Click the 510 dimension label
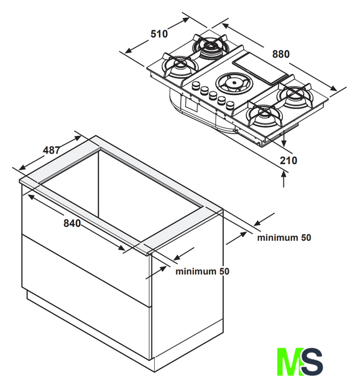click(x=159, y=34)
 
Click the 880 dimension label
click(x=281, y=54)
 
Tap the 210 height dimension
click(x=288, y=161)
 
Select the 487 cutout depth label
click(x=51, y=150)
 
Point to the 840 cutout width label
click(x=72, y=223)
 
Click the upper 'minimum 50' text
click(x=284, y=238)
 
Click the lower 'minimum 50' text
click(x=202, y=271)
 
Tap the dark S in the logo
click(x=312, y=361)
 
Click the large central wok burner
click(x=234, y=83)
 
